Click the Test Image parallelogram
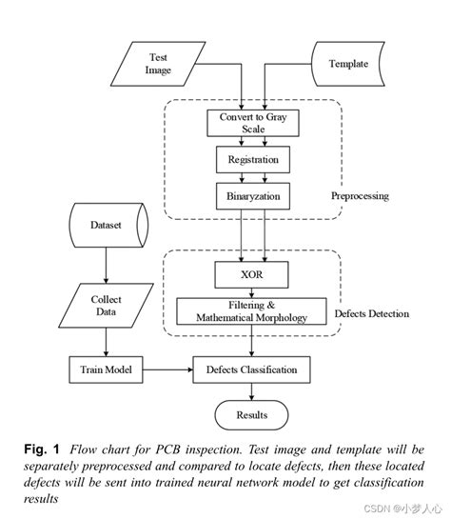(x=157, y=64)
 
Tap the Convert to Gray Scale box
(x=252, y=123)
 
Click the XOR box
(x=252, y=276)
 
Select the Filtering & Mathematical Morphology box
(x=252, y=310)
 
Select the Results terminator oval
(x=252, y=414)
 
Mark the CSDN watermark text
(x=398, y=509)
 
